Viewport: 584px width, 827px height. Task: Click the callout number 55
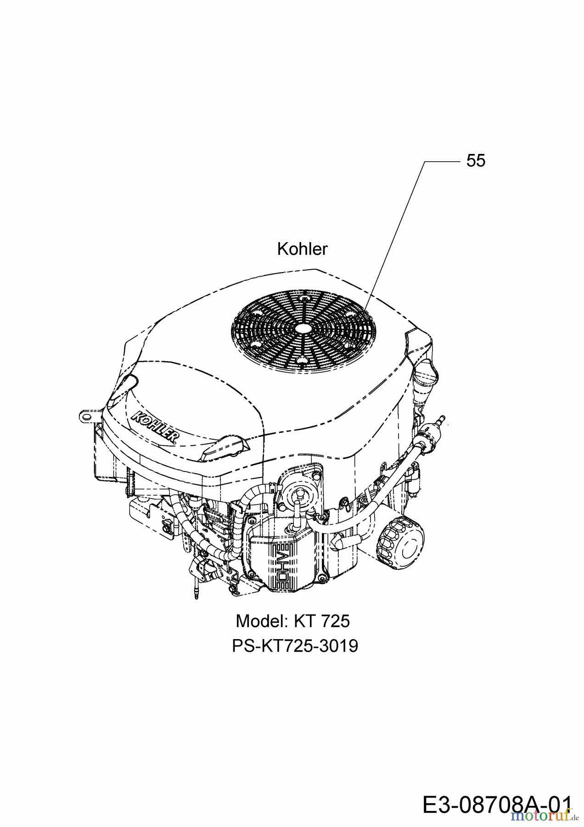coord(476,161)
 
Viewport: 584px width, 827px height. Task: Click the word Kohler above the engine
coord(302,249)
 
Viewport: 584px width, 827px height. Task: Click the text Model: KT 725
coord(292,621)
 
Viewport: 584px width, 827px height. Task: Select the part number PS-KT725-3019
coord(295,646)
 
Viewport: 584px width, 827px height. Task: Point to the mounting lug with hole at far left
coord(88,414)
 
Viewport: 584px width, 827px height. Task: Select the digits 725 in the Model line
coord(335,621)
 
